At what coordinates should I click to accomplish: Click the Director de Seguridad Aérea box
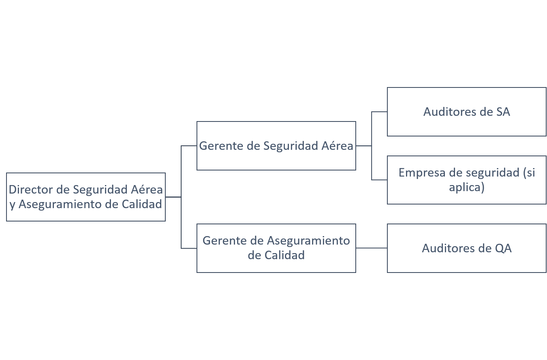tap(85, 197)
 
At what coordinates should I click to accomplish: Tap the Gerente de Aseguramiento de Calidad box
tap(276, 248)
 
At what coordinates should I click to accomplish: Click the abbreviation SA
tap(503, 112)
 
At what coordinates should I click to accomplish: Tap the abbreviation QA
tap(503, 248)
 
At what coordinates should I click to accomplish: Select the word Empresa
tap(421, 173)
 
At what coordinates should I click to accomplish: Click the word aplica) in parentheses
tap(466, 188)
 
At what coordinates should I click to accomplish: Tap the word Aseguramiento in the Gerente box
tap(308, 241)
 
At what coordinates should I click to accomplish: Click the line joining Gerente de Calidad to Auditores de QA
tap(371, 248)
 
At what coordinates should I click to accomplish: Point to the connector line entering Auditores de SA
tap(380, 111)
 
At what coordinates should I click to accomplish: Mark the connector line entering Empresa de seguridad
tap(380, 180)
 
